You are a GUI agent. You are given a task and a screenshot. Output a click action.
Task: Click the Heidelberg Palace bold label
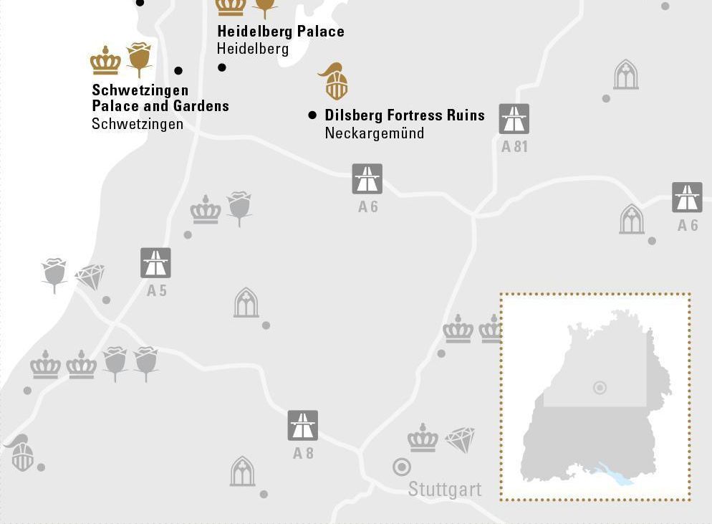(280, 32)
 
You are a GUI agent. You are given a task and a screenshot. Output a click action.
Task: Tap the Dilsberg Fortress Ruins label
(405, 115)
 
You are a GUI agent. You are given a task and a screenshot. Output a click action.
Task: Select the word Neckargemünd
(374, 133)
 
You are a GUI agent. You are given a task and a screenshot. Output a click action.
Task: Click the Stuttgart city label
(444, 490)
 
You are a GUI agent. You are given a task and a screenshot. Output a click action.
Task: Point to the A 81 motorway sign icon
(514, 119)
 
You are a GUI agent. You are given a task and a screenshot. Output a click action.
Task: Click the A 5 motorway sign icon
(155, 263)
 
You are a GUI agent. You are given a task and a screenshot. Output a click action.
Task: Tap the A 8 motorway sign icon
(302, 426)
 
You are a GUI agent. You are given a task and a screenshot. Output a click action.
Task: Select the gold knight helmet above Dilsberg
(335, 81)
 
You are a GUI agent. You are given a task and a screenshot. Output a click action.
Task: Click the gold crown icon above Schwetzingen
(105, 61)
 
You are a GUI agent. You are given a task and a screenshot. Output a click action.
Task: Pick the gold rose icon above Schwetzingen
(140, 59)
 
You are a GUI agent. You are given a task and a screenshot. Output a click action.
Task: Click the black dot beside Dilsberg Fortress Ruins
(312, 115)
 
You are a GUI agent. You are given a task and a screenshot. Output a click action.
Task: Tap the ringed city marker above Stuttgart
(402, 467)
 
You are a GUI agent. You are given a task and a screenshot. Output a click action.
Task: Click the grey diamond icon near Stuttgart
(460, 439)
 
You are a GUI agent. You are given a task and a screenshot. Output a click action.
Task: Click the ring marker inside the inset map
(600, 388)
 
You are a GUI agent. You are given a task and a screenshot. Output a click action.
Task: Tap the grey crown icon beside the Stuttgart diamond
(423, 438)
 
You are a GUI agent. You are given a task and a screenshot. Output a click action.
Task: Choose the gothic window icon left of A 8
(243, 471)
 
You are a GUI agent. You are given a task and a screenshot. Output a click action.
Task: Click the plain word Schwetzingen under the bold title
(138, 124)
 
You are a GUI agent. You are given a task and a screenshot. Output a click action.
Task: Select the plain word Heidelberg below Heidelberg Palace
(252, 49)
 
